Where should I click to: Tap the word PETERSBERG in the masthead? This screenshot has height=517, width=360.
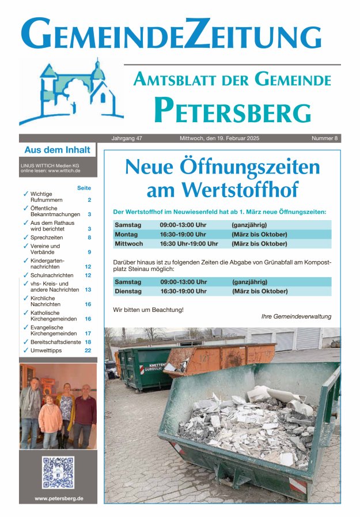tap(232, 110)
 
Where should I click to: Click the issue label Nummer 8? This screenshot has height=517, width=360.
tap(325, 139)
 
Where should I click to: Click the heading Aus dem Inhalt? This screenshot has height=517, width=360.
tap(57, 150)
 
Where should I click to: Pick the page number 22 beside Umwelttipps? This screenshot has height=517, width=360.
tap(88, 350)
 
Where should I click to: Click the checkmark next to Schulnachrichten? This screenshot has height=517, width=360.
tap(25, 276)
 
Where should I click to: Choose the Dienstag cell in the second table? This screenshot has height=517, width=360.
tap(128, 291)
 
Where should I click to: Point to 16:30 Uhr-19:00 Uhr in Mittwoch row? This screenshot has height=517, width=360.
tap(189, 244)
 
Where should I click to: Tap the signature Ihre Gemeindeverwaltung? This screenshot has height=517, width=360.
tap(296, 316)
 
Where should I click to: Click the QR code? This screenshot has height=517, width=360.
tap(58, 473)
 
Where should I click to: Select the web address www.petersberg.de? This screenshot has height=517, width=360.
tap(58, 498)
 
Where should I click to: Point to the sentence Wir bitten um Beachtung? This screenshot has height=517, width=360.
tap(148, 310)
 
